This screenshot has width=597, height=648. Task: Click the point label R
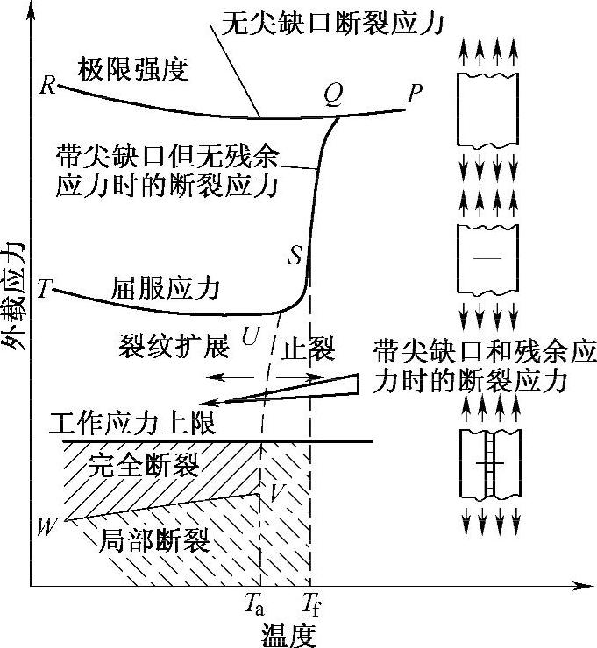47,86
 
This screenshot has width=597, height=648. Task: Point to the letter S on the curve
295,257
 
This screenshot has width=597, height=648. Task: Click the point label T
45,289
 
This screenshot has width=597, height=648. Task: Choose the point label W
46,525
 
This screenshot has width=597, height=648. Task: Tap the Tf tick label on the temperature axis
311,603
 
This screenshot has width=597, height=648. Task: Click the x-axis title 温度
289,633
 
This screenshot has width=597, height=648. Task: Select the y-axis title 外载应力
16,298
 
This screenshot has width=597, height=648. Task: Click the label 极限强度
133,70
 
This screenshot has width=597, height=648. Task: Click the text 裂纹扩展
174,348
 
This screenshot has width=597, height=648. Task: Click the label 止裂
309,348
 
